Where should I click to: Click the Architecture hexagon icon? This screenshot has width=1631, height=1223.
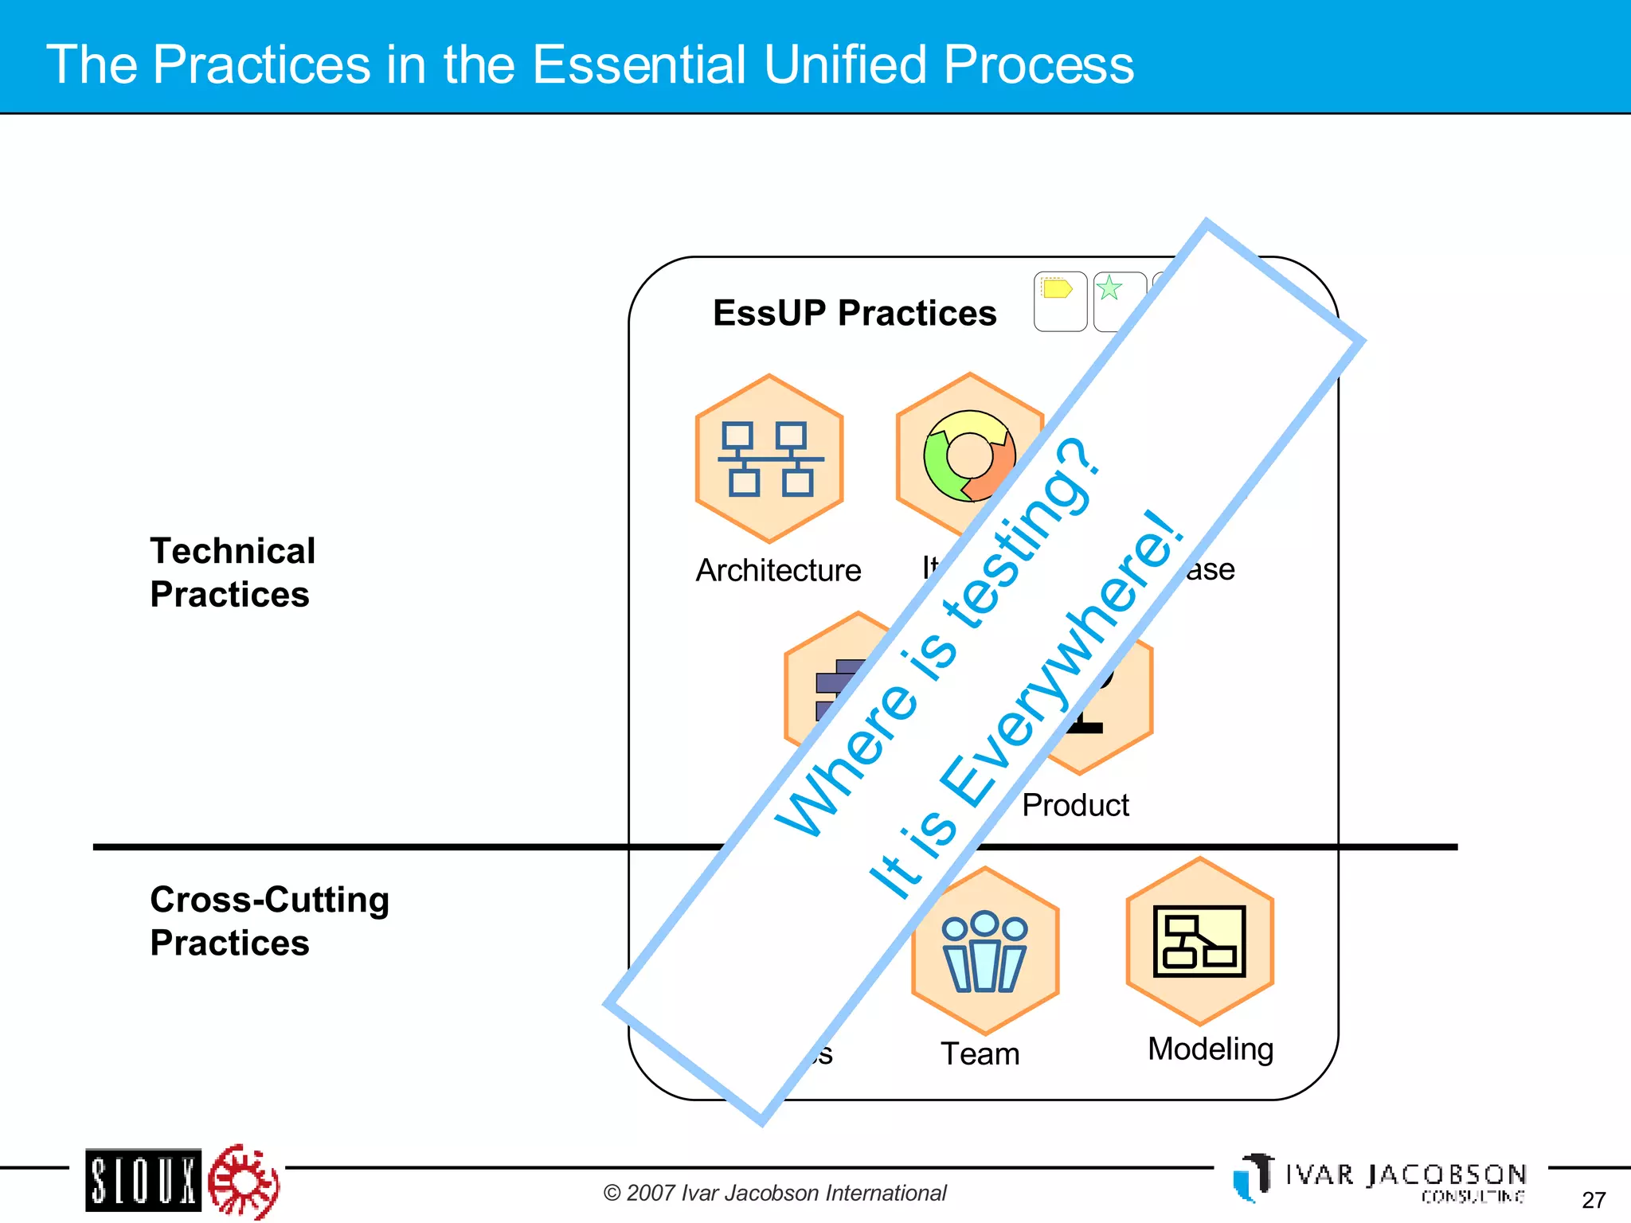[769, 459]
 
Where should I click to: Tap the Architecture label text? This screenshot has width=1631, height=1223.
[778, 570]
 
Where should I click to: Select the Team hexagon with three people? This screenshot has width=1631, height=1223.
[985, 951]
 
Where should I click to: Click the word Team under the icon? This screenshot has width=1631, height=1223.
[980, 1053]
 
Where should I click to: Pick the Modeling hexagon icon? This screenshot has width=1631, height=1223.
[1199, 941]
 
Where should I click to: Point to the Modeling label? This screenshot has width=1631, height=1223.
[1210, 1049]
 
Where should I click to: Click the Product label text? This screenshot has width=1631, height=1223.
[1075, 805]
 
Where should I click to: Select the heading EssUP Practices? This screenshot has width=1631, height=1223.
[854, 313]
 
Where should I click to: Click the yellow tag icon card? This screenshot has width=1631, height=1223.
[1060, 301]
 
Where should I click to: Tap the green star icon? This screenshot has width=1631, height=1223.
[1109, 287]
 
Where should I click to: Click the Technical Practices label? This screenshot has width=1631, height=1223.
[233, 572]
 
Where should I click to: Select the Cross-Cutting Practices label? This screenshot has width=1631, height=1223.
[269, 921]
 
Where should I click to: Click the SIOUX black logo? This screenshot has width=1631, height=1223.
[143, 1179]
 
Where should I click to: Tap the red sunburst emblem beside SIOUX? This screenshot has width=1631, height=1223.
[244, 1181]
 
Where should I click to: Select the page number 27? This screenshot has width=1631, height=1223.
[1593, 1200]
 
